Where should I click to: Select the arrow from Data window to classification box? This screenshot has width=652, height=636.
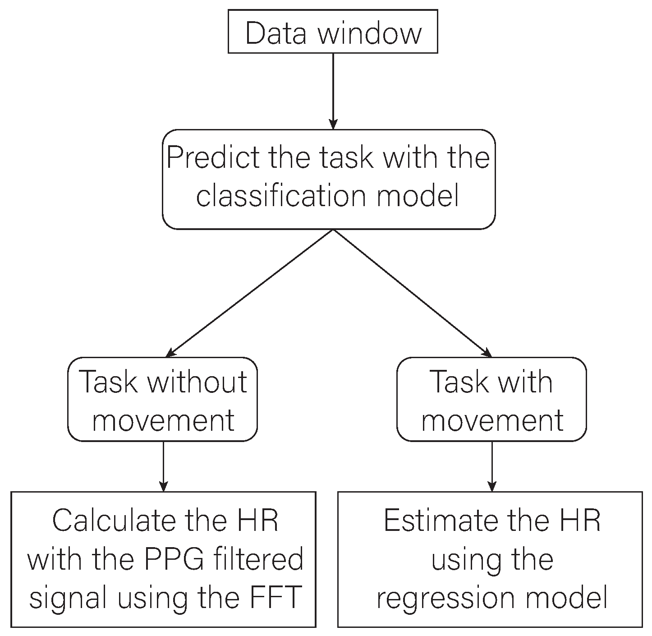click(333, 90)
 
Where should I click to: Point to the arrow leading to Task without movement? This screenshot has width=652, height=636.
click(250, 293)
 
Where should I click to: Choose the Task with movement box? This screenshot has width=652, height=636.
click(491, 400)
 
